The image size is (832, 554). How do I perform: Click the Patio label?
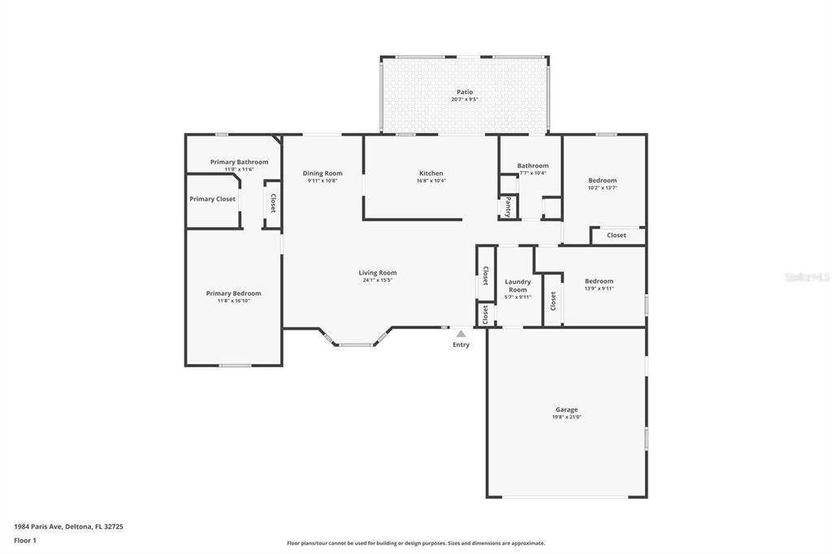coord(464,92)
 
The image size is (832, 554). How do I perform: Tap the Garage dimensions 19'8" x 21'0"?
coord(566,418)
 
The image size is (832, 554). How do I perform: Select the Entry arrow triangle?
coord(461,333)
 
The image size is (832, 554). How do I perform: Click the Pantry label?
coord(509,206)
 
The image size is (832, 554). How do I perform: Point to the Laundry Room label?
coord(518,286)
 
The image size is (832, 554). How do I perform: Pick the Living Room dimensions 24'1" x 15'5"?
coord(378,280)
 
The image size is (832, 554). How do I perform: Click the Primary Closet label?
coord(213,199)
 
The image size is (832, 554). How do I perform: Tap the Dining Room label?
coord(323,173)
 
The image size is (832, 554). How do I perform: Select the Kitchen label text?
coord(431,173)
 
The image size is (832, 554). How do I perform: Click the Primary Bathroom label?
coord(239,162)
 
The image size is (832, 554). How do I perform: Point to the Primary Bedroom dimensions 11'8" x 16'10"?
coord(233,301)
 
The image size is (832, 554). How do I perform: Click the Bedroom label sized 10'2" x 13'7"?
coord(602,180)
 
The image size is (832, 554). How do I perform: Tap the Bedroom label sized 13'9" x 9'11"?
coord(599,281)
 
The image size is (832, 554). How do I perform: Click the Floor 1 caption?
coord(24,539)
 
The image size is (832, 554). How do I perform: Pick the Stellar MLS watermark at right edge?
coord(808,277)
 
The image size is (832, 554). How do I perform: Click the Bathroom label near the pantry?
coord(533,166)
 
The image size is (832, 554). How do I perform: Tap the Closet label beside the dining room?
coord(273,203)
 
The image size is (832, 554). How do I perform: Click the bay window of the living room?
coord(356,344)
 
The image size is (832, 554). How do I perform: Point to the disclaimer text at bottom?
coord(415,543)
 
